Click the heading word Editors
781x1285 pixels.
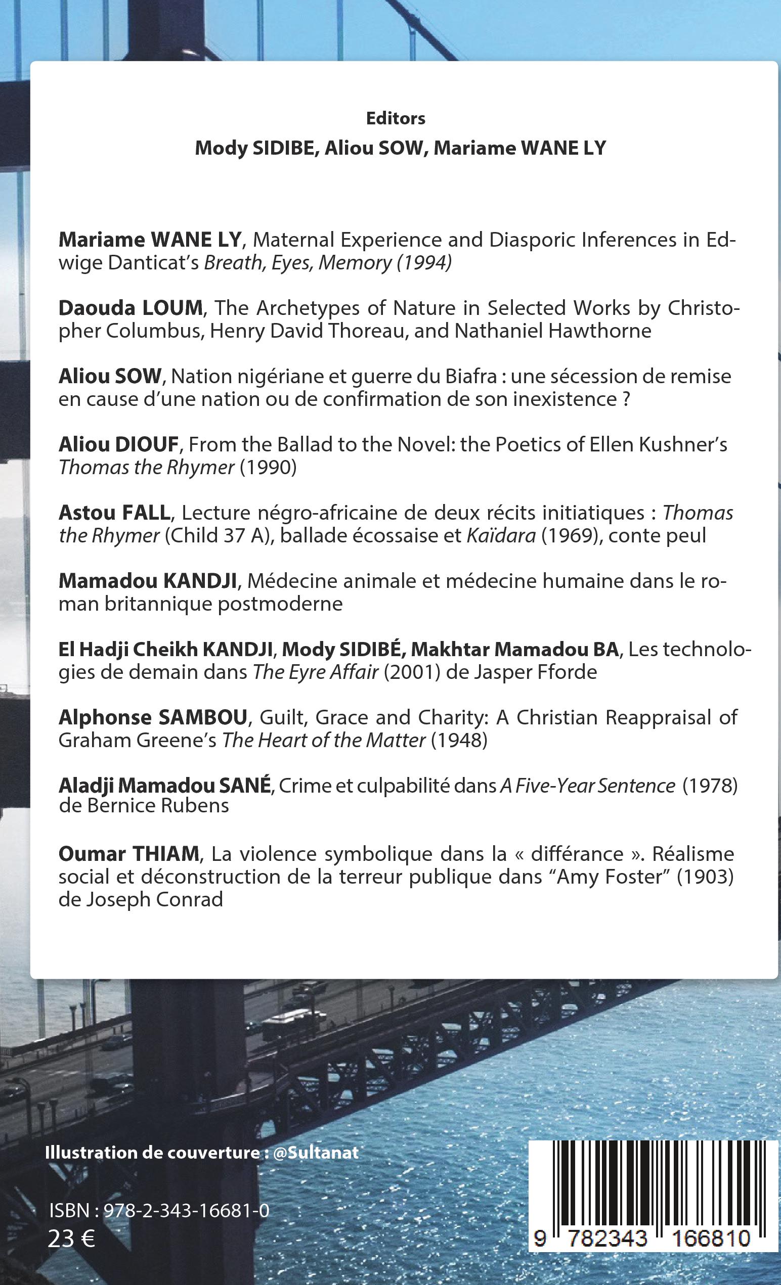[x=396, y=119]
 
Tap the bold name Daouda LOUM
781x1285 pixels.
[x=131, y=308]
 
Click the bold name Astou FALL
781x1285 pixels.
[x=114, y=513]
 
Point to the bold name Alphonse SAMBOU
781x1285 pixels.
[x=152, y=718]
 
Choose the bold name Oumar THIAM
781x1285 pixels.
[x=128, y=854]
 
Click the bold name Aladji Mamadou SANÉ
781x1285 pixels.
[x=165, y=786]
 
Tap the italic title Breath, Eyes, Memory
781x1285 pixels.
[x=297, y=263]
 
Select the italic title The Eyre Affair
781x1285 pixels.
[x=315, y=672]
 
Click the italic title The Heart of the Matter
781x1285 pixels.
[x=323, y=741]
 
